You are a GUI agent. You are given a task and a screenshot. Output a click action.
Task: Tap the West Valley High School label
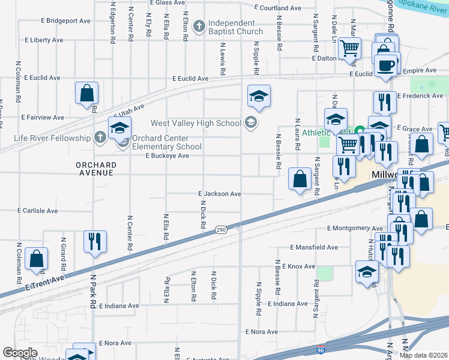pos(196,124)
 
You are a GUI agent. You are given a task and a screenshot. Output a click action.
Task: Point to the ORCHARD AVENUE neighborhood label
pos(95,169)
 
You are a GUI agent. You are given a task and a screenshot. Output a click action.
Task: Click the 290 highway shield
pos(221,230)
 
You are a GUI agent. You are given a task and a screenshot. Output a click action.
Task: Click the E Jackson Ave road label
pos(220,194)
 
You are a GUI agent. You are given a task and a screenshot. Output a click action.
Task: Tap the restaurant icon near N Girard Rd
pos(95,241)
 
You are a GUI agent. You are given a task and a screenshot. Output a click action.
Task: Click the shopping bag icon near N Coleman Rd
pos(37,259)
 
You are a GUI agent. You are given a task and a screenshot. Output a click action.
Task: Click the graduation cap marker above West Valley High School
pos(259,95)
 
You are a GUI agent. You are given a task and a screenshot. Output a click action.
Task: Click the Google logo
pos(20,352)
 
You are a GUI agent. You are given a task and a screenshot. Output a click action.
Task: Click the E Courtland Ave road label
pos(277,8)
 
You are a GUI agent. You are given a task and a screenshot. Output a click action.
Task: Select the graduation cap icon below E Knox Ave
pos(367,271)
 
